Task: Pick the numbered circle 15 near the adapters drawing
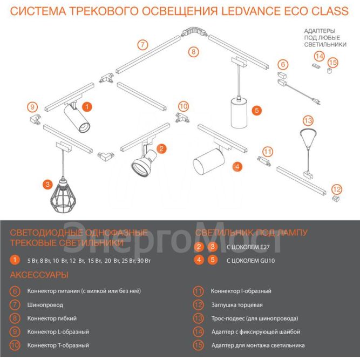coord(333,63)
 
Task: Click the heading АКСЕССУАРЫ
coord(39,275)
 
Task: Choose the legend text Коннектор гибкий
coord(52,318)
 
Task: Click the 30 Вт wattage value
coord(144,261)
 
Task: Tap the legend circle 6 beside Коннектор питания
coord(15,291)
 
